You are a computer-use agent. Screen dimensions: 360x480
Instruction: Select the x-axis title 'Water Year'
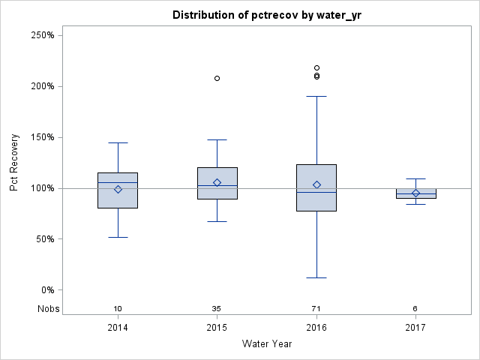(267, 344)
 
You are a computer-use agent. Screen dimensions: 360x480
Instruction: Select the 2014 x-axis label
(118, 328)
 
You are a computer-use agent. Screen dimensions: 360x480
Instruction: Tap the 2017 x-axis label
(415, 328)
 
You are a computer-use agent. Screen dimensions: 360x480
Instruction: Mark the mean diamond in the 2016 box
(316, 184)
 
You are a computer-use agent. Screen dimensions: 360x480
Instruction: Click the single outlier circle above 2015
(217, 78)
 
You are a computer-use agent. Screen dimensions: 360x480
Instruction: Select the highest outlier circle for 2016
(316, 68)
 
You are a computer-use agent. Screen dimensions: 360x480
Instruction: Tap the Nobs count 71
(316, 309)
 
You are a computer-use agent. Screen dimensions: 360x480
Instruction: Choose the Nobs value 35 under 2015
(217, 309)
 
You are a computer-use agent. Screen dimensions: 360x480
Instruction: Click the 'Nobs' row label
(48, 309)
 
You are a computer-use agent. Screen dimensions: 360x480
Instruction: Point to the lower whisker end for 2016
(316, 277)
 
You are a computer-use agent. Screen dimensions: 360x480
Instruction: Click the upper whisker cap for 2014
(118, 142)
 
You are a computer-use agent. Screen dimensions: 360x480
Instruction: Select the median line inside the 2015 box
(217, 185)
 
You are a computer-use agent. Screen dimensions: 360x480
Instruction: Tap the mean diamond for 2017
(415, 193)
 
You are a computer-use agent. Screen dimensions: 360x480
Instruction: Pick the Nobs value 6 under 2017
(415, 309)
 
